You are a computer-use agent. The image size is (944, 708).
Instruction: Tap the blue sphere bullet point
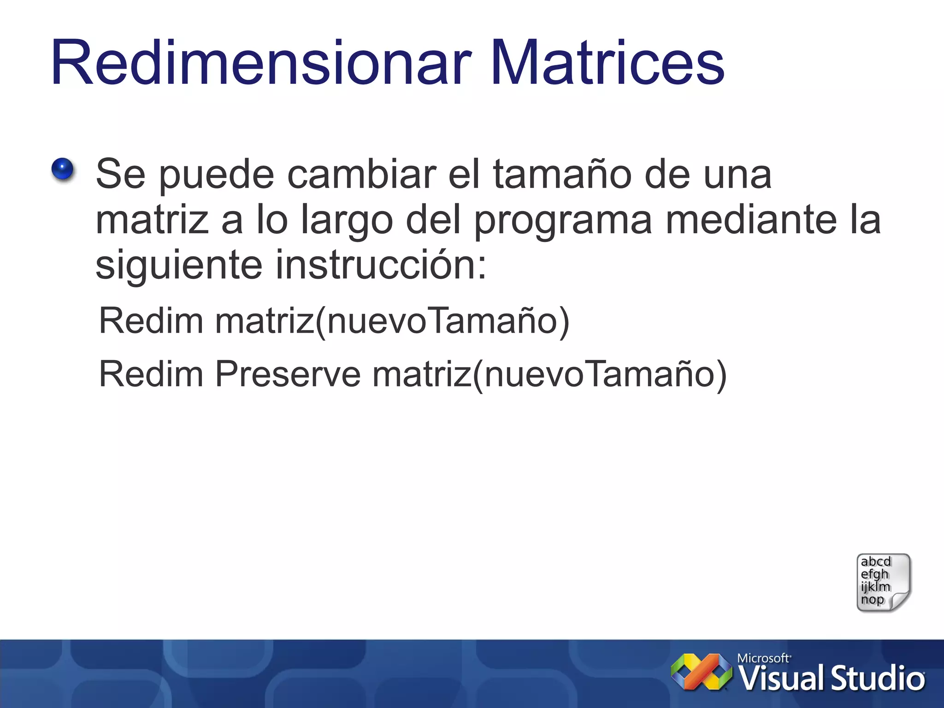62,169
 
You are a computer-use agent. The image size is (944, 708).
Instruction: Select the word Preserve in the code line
288,374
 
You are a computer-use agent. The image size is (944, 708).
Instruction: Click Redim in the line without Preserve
151,321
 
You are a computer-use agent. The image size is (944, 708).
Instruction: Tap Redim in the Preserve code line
151,374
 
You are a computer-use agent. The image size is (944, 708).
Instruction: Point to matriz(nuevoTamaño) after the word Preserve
549,374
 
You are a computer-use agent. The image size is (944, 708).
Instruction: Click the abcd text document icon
882,583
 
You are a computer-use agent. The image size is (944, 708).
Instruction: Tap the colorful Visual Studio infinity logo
701,672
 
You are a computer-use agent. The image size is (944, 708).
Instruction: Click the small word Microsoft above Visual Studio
763,658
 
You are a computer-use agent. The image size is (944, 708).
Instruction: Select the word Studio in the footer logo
878,679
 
